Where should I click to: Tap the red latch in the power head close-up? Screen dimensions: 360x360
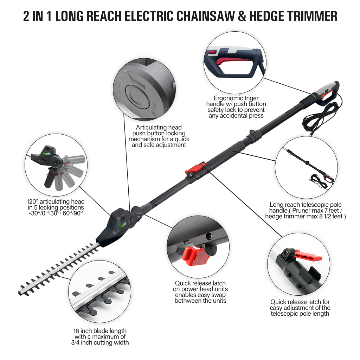(x=195, y=255)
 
